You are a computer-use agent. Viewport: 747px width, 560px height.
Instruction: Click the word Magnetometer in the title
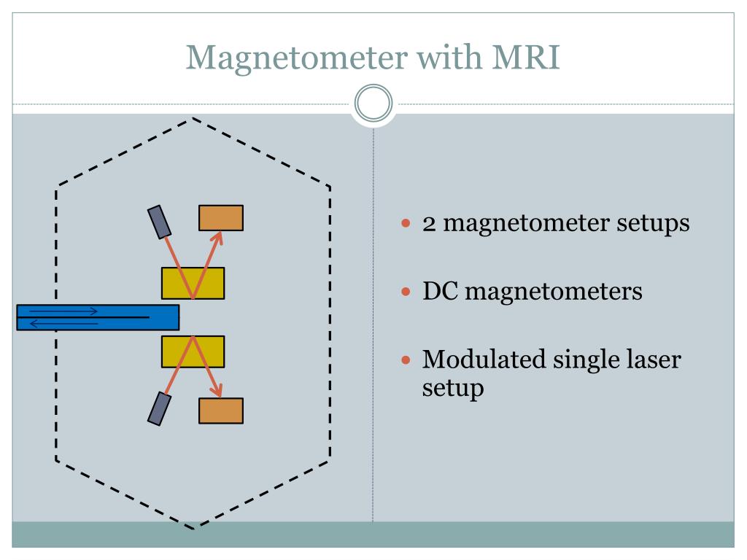[297, 58]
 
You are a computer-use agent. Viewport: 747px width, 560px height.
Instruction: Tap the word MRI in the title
[525, 57]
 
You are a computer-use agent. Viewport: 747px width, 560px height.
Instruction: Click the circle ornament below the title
[373, 104]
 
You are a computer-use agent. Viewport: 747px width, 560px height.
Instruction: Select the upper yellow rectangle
[193, 284]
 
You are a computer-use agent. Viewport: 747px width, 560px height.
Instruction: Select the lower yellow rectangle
[193, 352]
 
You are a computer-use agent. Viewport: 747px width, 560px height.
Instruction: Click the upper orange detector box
[221, 218]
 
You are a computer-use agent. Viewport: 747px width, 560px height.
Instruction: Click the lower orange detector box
[221, 411]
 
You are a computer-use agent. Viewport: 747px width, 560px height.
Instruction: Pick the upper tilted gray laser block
[160, 222]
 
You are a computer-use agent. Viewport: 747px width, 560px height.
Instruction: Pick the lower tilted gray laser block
[160, 408]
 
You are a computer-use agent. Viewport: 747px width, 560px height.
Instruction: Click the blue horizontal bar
[98, 318]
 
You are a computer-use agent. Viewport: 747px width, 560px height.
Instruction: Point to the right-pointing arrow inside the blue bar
[63, 311]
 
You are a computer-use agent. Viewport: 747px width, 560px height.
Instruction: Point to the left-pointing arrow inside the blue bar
[63, 324]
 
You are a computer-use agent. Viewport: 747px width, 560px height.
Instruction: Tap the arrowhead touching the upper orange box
[218, 237]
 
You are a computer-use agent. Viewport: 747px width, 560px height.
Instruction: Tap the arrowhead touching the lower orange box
[217, 391]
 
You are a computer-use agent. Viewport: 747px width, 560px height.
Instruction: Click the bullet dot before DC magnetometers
[406, 292]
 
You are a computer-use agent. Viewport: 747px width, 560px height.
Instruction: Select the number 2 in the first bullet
[429, 224]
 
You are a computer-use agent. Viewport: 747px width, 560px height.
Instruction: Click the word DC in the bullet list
[440, 291]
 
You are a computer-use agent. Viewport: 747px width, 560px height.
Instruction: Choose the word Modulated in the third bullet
[484, 359]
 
